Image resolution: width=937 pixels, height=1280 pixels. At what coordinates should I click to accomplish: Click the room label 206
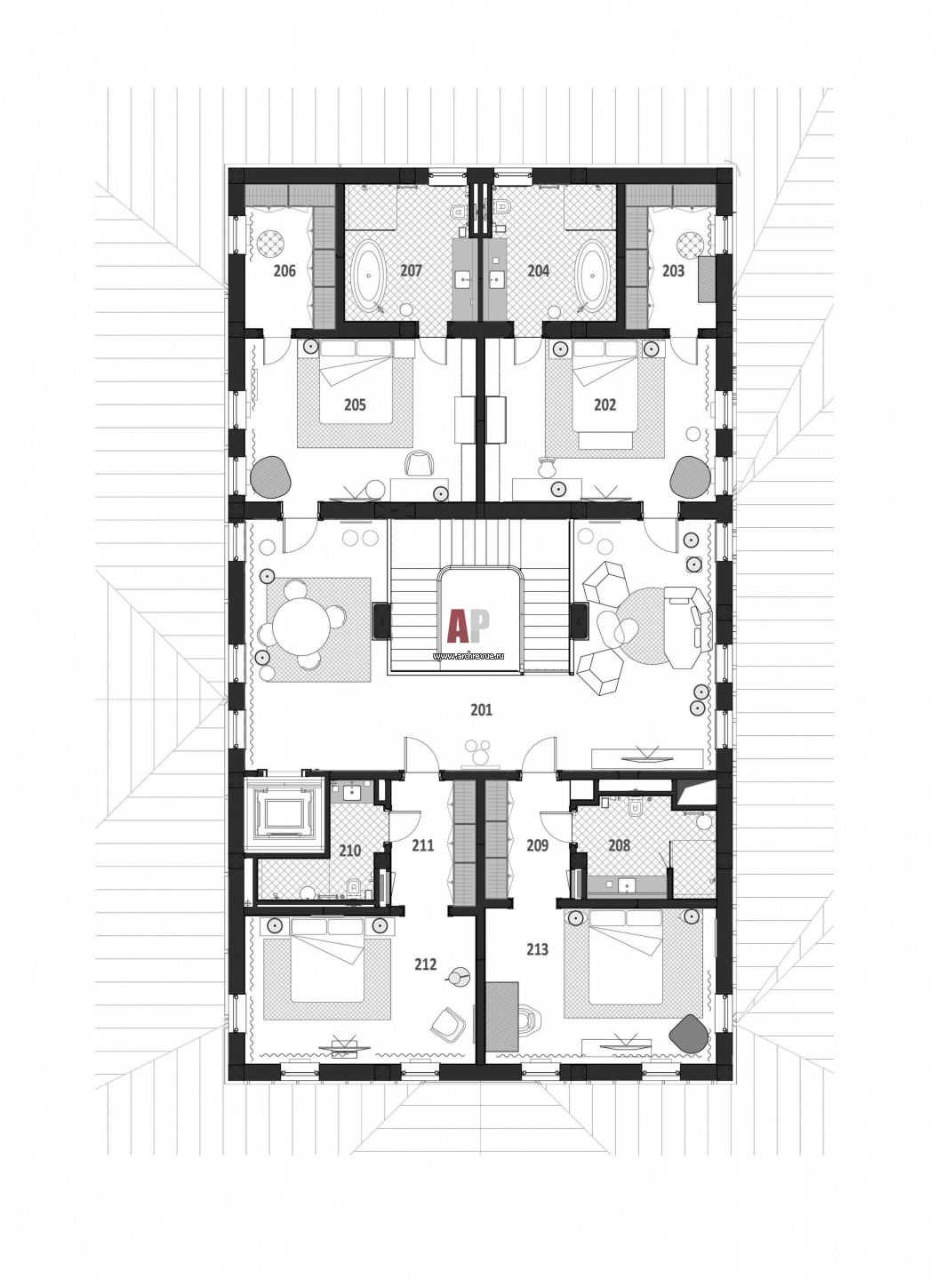284,269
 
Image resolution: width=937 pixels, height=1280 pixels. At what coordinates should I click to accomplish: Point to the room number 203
673,269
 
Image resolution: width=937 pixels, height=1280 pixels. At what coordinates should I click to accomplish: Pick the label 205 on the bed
355,404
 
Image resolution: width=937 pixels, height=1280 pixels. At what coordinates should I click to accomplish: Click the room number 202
605,404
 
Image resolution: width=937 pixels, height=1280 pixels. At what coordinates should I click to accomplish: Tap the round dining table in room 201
301,624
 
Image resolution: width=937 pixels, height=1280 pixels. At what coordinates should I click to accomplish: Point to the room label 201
481,709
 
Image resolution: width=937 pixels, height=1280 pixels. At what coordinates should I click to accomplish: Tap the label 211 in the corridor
423,844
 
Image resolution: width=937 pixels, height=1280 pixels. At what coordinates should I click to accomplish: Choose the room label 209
537,844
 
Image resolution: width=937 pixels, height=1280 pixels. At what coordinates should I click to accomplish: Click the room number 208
619,844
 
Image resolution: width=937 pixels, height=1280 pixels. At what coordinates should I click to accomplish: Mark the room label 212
426,964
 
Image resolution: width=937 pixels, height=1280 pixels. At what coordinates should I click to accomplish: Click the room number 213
537,949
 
